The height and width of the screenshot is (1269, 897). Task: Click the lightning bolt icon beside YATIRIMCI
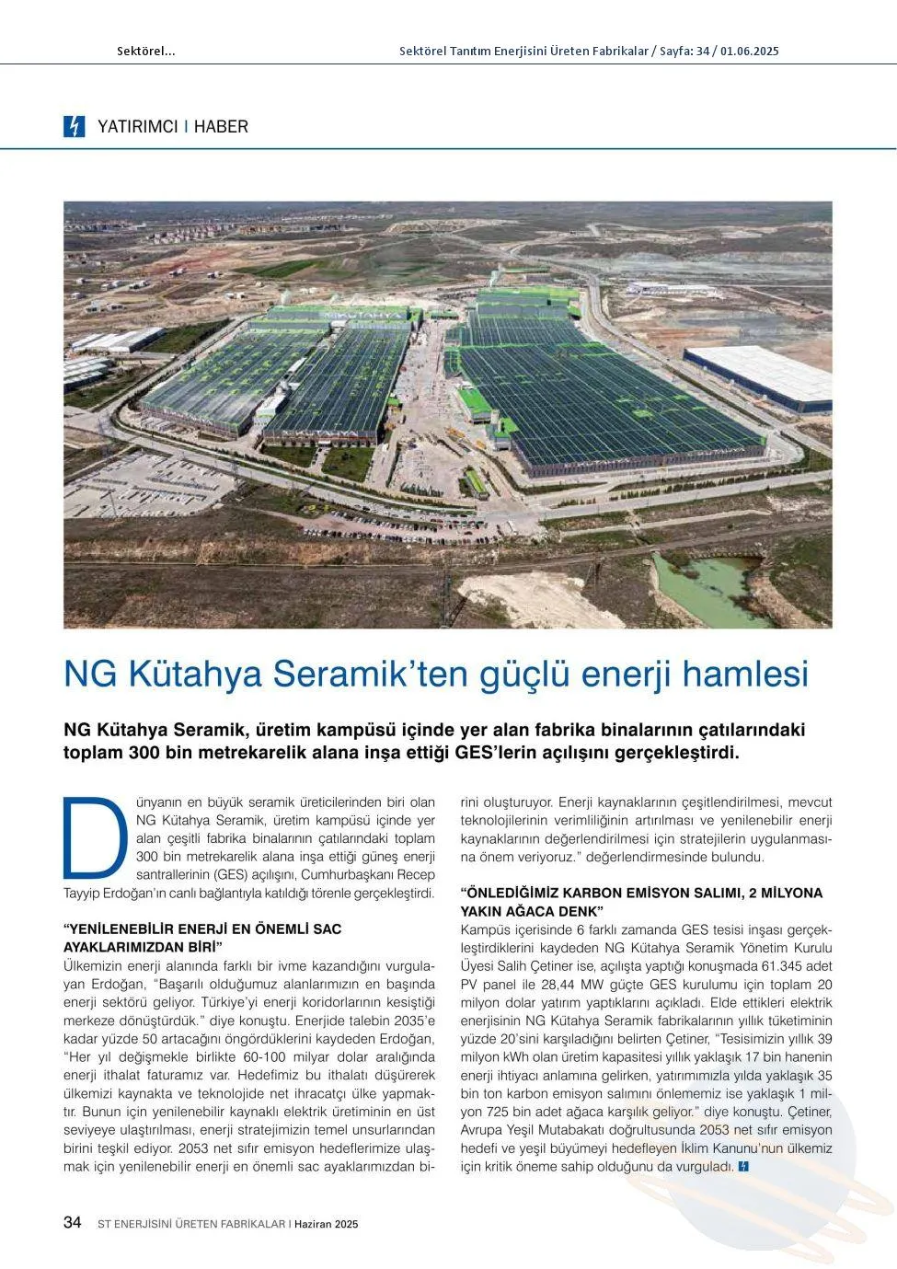coord(74,126)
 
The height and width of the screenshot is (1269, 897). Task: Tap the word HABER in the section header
coord(221,127)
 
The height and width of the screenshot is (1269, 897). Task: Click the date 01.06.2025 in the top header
coord(750,52)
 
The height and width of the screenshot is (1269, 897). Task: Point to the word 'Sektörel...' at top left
coord(145,52)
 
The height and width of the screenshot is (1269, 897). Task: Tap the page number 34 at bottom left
coord(73,1222)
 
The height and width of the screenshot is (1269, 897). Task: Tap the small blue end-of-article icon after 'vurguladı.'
coord(743,1167)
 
